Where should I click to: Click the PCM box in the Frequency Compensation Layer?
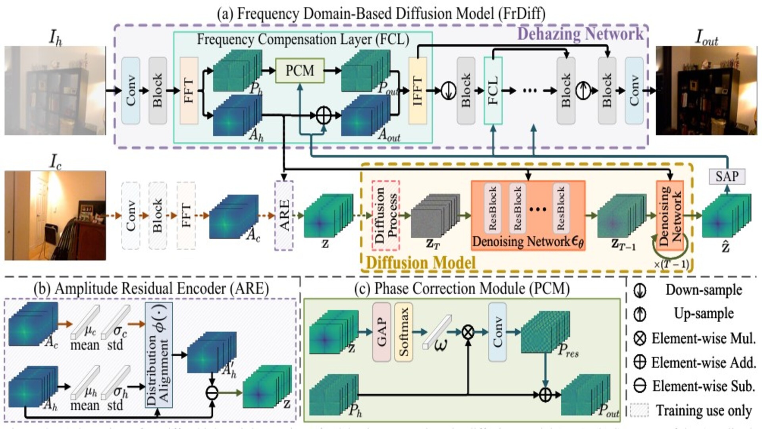click(x=300, y=71)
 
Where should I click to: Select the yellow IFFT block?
click(x=418, y=91)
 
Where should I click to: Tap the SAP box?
click(x=727, y=176)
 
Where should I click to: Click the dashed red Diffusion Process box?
click(x=385, y=215)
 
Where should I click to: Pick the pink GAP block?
click(x=381, y=332)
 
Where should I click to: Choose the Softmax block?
click(x=404, y=332)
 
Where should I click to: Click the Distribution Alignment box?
click(x=159, y=355)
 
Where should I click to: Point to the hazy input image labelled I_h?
click(x=55, y=91)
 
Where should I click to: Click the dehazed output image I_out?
click(x=706, y=91)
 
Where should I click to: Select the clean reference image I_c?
click(x=55, y=216)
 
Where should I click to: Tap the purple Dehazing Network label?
click(x=580, y=34)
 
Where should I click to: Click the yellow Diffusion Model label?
click(x=421, y=263)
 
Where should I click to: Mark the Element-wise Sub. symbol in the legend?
click(x=640, y=386)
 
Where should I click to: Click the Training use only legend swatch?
click(x=639, y=410)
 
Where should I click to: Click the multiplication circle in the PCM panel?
click(x=468, y=332)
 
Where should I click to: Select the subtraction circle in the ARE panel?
click(x=212, y=393)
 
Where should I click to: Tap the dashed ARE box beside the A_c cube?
click(x=284, y=216)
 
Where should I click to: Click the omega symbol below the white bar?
click(x=441, y=345)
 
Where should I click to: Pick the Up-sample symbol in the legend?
click(x=640, y=314)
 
